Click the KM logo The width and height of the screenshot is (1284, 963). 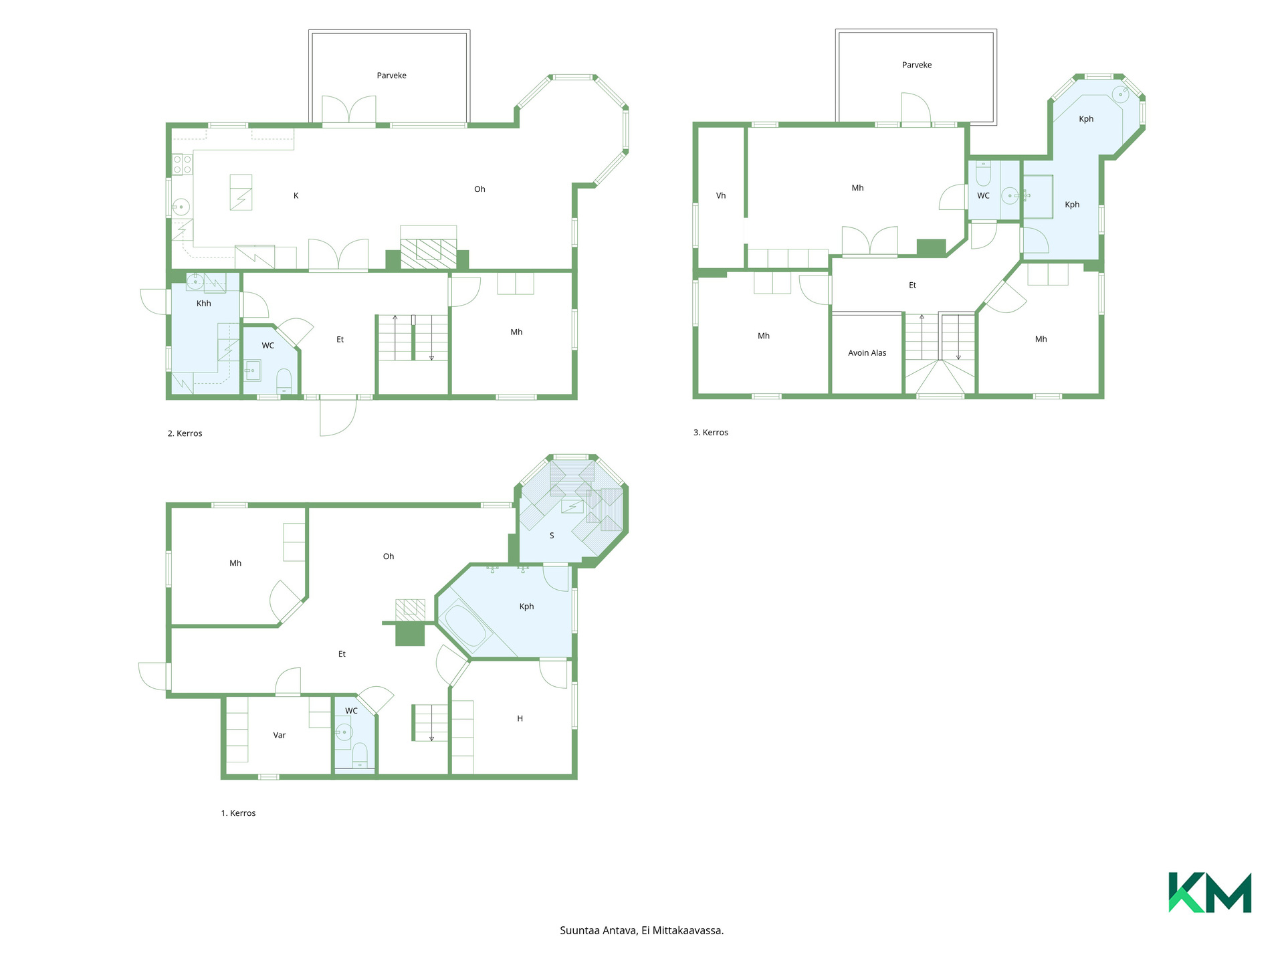point(1210,892)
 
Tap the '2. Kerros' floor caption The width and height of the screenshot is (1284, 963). point(185,433)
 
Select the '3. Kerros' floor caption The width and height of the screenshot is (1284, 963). point(711,433)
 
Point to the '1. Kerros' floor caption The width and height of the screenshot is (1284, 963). point(239,813)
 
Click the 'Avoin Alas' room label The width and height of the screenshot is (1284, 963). point(867,353)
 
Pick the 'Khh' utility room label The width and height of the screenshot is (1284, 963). point(204,304)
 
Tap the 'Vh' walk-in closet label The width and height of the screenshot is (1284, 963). point(721,196)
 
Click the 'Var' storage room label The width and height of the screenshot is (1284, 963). point(280,736)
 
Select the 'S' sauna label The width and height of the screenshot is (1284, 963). point(552,536)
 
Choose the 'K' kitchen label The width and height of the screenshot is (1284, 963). point(296,196)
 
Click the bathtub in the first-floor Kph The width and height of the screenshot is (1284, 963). point(467,626)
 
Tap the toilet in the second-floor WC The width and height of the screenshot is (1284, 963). point(284,381)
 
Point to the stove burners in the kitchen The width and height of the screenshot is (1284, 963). point(183,165)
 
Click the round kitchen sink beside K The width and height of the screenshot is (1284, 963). point(181,207)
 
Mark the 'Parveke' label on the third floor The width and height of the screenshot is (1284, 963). point(917,65)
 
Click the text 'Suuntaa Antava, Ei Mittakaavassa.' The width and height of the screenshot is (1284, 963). point(642,930)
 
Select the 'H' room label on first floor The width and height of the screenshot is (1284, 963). point(520,719)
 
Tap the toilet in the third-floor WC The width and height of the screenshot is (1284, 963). point(983,174)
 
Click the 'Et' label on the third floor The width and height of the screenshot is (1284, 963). point(913,286)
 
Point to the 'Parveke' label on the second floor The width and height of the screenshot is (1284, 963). point(392,76)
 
